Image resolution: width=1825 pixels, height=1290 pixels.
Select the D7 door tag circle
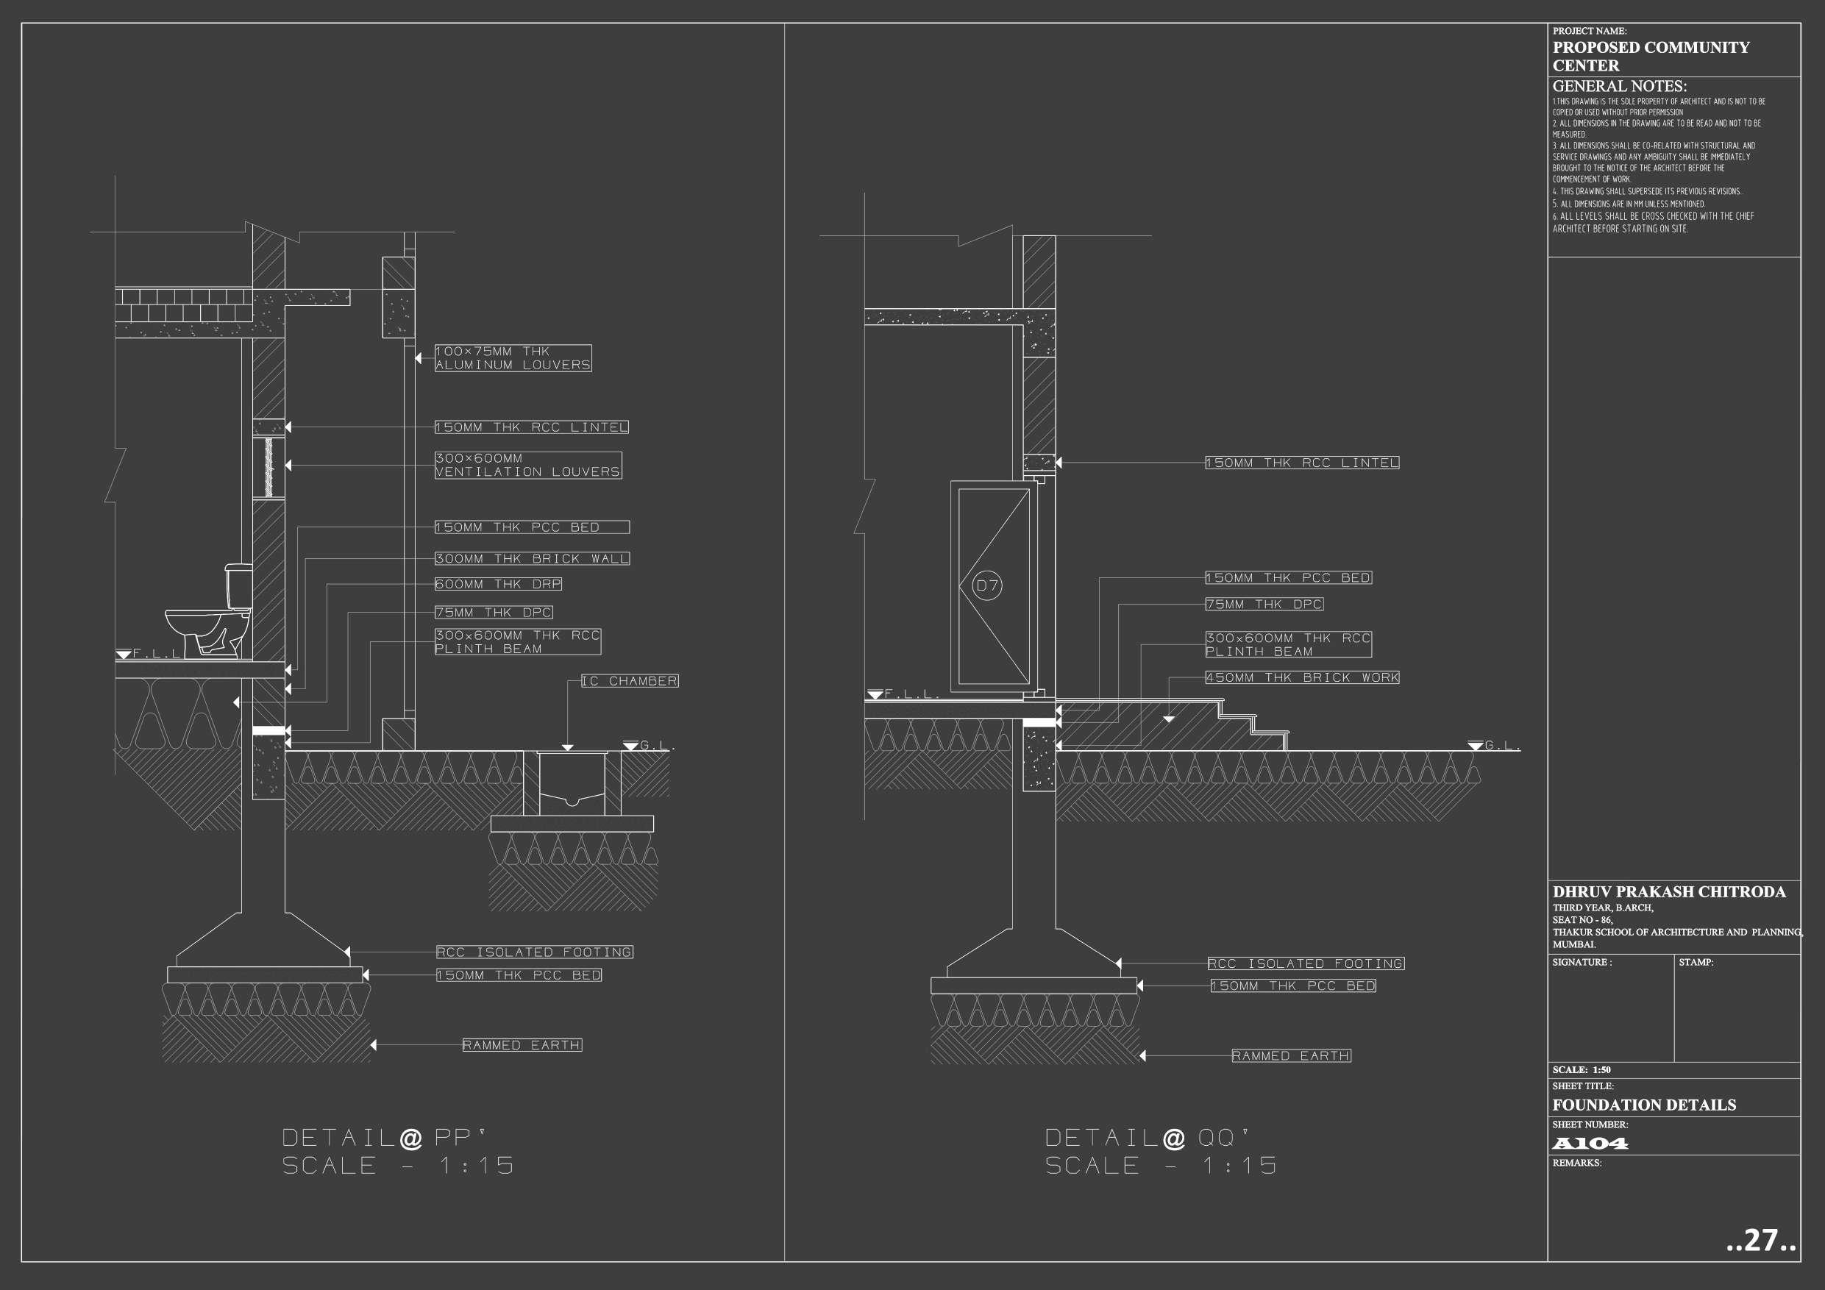986,585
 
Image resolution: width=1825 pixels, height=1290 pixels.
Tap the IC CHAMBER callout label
630,681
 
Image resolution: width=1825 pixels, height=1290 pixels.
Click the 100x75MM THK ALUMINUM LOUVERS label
513,357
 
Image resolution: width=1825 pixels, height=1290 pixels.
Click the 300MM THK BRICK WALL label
532,559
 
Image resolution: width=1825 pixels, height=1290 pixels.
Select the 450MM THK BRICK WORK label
1302,677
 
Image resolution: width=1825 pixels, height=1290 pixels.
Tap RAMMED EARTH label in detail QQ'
1291,1055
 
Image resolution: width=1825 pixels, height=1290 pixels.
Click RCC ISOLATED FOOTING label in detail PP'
534,952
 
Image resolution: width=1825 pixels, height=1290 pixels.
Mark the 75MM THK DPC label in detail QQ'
1264,604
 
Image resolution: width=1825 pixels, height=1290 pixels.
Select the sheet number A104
1590,1144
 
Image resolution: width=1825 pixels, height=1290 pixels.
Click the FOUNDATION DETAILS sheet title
1644,1105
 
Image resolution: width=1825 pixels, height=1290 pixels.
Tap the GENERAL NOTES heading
1619,86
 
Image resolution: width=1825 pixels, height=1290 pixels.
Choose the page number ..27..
1760,1240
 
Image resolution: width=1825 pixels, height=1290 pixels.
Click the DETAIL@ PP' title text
383,1138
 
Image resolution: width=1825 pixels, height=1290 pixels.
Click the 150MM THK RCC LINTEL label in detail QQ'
1302,463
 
